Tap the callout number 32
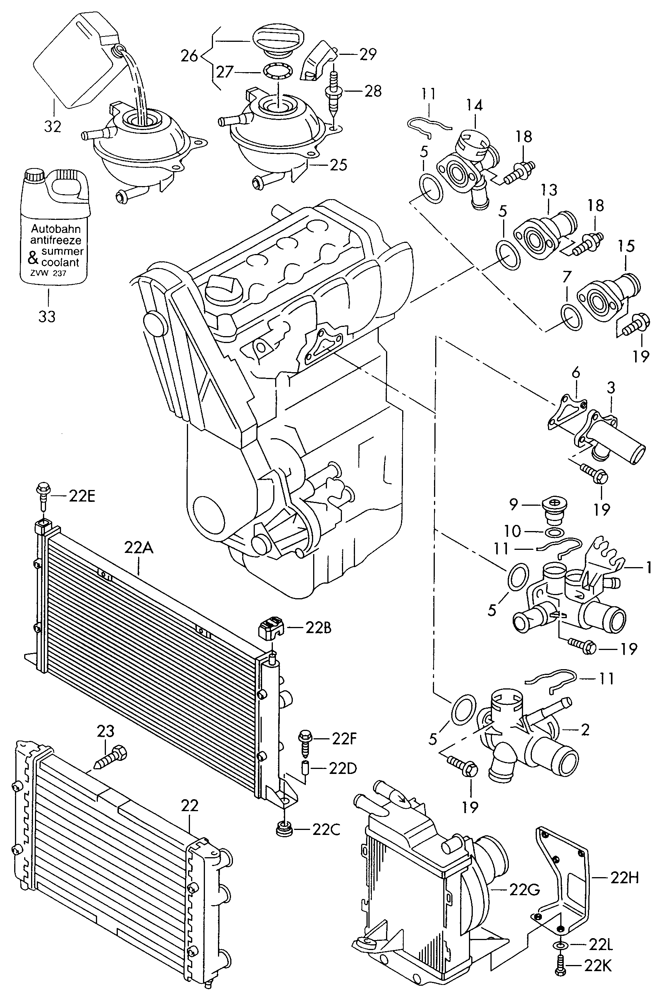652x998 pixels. [x=53, y=126]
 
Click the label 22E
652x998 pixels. [x=82, y=496]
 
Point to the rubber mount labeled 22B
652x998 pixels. [x=271, y=628]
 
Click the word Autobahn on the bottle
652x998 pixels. [x=56, y=229]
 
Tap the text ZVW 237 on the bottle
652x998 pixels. [x=48, y=273]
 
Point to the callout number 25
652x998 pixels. [x=339, y=165]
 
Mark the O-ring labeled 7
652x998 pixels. [x=571, y=318]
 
